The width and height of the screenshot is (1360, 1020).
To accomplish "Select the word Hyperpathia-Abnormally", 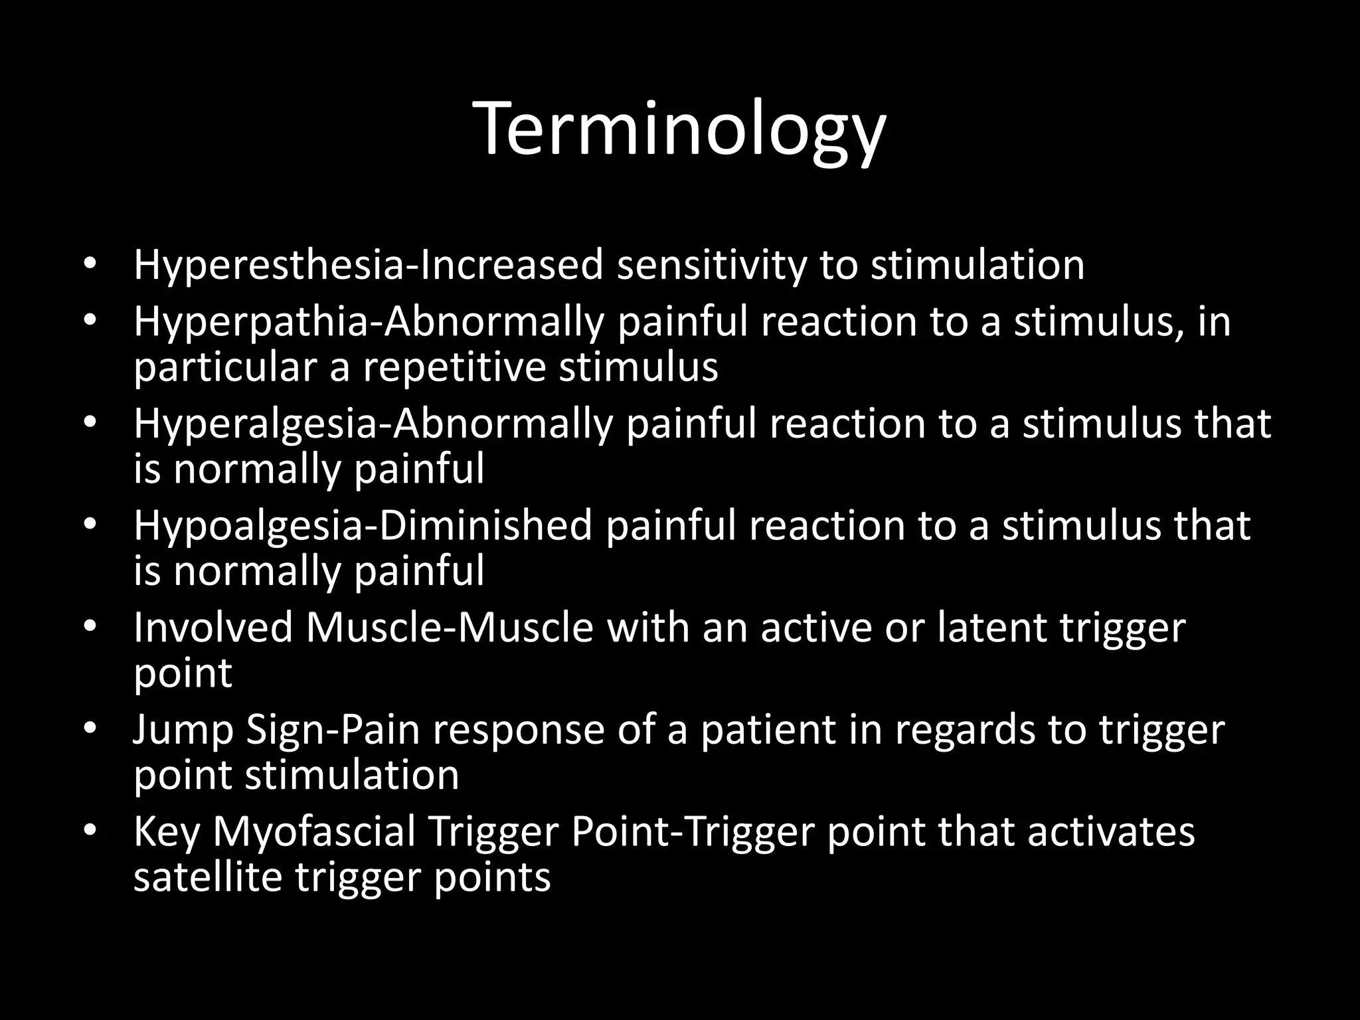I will pyautogui.click(x=369, y=321).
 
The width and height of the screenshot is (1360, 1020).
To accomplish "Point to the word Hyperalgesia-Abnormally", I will pyautogui.click(x=372, y=424).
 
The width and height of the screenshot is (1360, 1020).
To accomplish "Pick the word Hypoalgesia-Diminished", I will pyautogui.click(x=363, y=525).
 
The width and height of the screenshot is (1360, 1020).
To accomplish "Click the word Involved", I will pyautogui.click(x=212, y=627).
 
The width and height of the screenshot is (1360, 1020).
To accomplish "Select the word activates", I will pyautogui.click(x=1111, y=831).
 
